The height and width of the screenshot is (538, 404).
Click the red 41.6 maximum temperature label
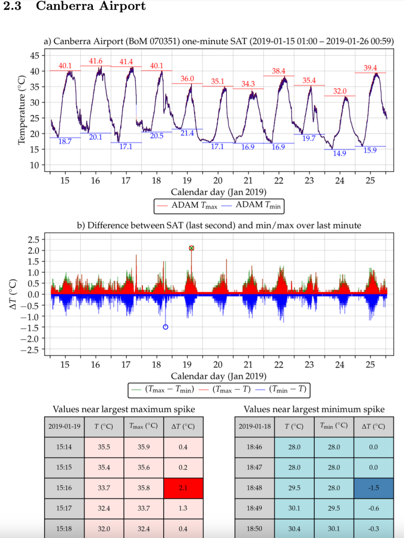[95, 61]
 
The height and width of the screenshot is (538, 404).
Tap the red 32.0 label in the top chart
[339, 91]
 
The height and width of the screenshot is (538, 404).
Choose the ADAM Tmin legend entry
[254, 206]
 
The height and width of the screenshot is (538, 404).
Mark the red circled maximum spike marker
[192, 248]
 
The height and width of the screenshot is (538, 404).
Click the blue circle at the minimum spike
[165, 327]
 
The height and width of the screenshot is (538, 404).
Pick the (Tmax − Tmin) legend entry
[163, 389]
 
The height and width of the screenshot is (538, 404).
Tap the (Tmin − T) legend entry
[284, 389]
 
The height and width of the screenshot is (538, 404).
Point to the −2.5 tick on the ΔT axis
[32, 350]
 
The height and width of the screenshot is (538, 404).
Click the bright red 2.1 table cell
[183, 488]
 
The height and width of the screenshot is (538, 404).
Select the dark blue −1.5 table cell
[374, 488]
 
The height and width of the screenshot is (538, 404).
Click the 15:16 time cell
[64, 488]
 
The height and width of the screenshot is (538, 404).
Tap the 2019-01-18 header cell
[254, 426]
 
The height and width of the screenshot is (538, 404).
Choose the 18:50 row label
[254, 528]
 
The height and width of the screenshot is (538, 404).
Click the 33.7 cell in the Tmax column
[143, 508]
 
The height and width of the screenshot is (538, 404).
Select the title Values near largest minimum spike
[314, 409]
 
